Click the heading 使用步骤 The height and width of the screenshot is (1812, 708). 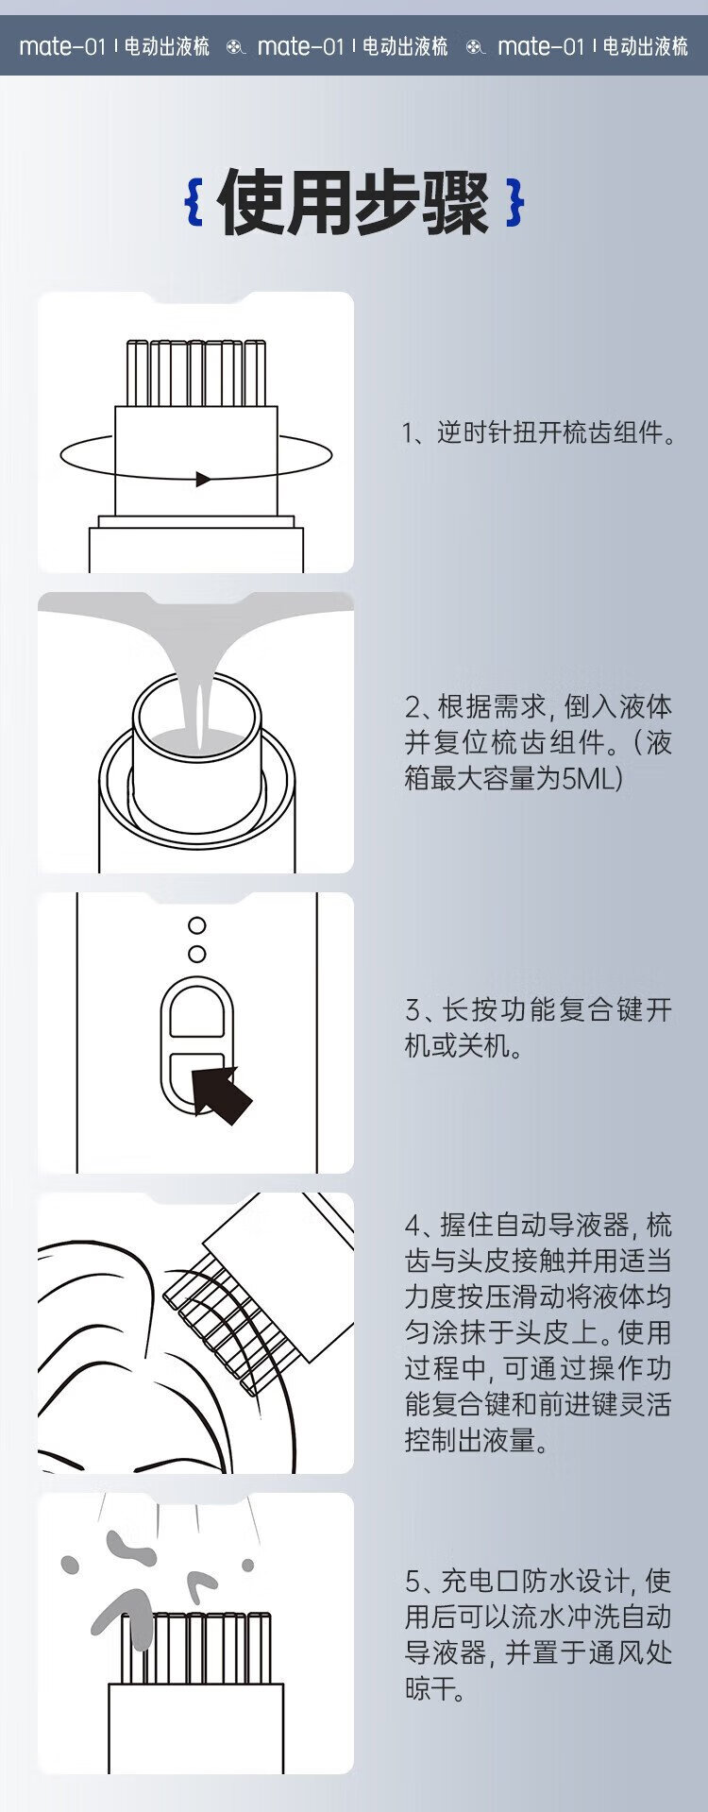(354, 202)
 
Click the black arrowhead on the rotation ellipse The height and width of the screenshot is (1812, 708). (203, 479)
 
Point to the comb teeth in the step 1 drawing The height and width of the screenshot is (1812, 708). (197, 373)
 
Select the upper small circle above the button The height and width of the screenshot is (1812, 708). (196, 925)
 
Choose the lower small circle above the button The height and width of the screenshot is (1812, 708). (196, 954)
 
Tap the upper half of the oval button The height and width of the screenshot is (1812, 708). (196, 1016)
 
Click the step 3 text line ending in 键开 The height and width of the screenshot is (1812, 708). (538, 1009)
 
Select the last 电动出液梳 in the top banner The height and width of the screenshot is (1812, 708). (646, 46)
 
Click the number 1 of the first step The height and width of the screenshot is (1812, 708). (408, 433)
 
